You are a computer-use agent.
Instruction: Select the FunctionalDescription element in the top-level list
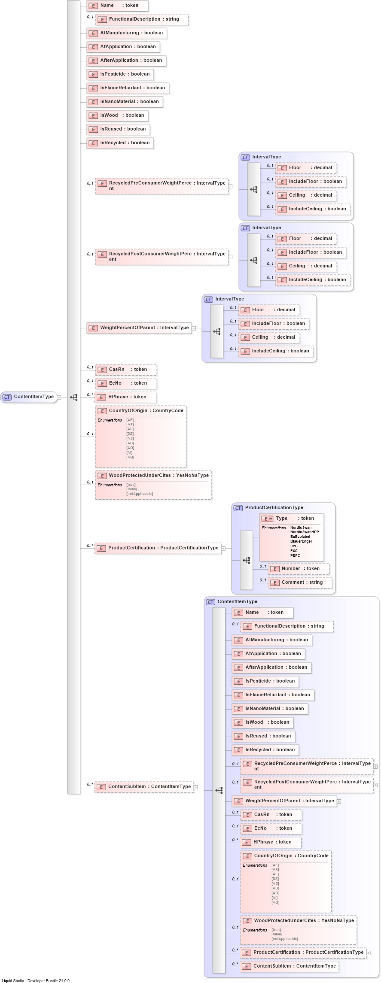point(142,19)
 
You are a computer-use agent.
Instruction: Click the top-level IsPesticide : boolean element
point(120,74)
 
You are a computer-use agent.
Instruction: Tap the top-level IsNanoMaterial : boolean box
point(125,102)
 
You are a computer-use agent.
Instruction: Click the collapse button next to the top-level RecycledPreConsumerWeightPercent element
point(230,186)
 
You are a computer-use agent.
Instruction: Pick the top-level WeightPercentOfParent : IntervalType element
point(140,328)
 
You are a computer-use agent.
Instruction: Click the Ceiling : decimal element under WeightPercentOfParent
point(269,337)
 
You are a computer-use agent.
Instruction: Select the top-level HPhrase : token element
point(125,397)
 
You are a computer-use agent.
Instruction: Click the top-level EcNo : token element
point(126,383)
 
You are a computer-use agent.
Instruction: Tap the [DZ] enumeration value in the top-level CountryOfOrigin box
point(130,434)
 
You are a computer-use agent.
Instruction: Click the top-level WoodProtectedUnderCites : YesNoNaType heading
point(153,476)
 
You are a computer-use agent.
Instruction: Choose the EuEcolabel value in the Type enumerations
point(300,537)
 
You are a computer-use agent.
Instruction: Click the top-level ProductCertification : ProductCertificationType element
point(158,548)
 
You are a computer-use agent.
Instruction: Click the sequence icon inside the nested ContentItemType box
point(219,790)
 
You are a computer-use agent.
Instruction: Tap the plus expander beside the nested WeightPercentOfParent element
point(339,801)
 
